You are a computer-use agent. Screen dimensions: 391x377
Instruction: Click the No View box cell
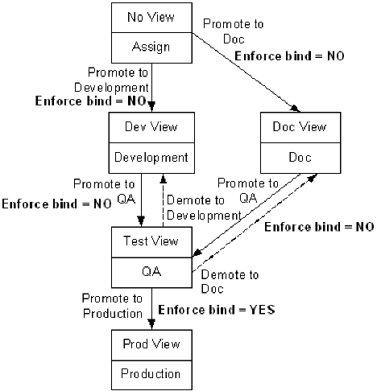(x=151, y=17)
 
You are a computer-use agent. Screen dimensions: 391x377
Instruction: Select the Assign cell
(x=151, y=46)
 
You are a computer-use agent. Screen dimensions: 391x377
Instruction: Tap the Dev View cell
(x=151, y=127)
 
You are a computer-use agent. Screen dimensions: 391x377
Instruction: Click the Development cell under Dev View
(x=151, y=156)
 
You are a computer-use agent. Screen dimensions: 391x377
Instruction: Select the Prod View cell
(x=151, y=345)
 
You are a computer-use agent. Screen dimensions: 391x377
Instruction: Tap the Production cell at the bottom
(x=151, y=374)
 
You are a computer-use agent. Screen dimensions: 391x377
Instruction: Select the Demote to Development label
(x=202, y=208)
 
